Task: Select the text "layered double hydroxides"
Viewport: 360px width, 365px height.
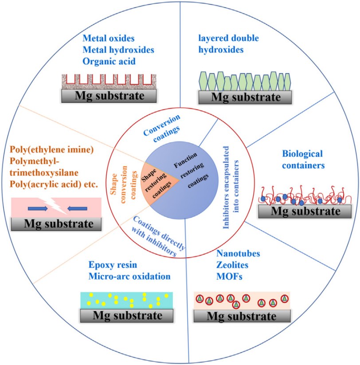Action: (x=228, y=44)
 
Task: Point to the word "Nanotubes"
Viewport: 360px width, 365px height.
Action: (x=238, y=254)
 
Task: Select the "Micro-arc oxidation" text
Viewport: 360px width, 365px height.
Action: (x=129, y=276)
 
